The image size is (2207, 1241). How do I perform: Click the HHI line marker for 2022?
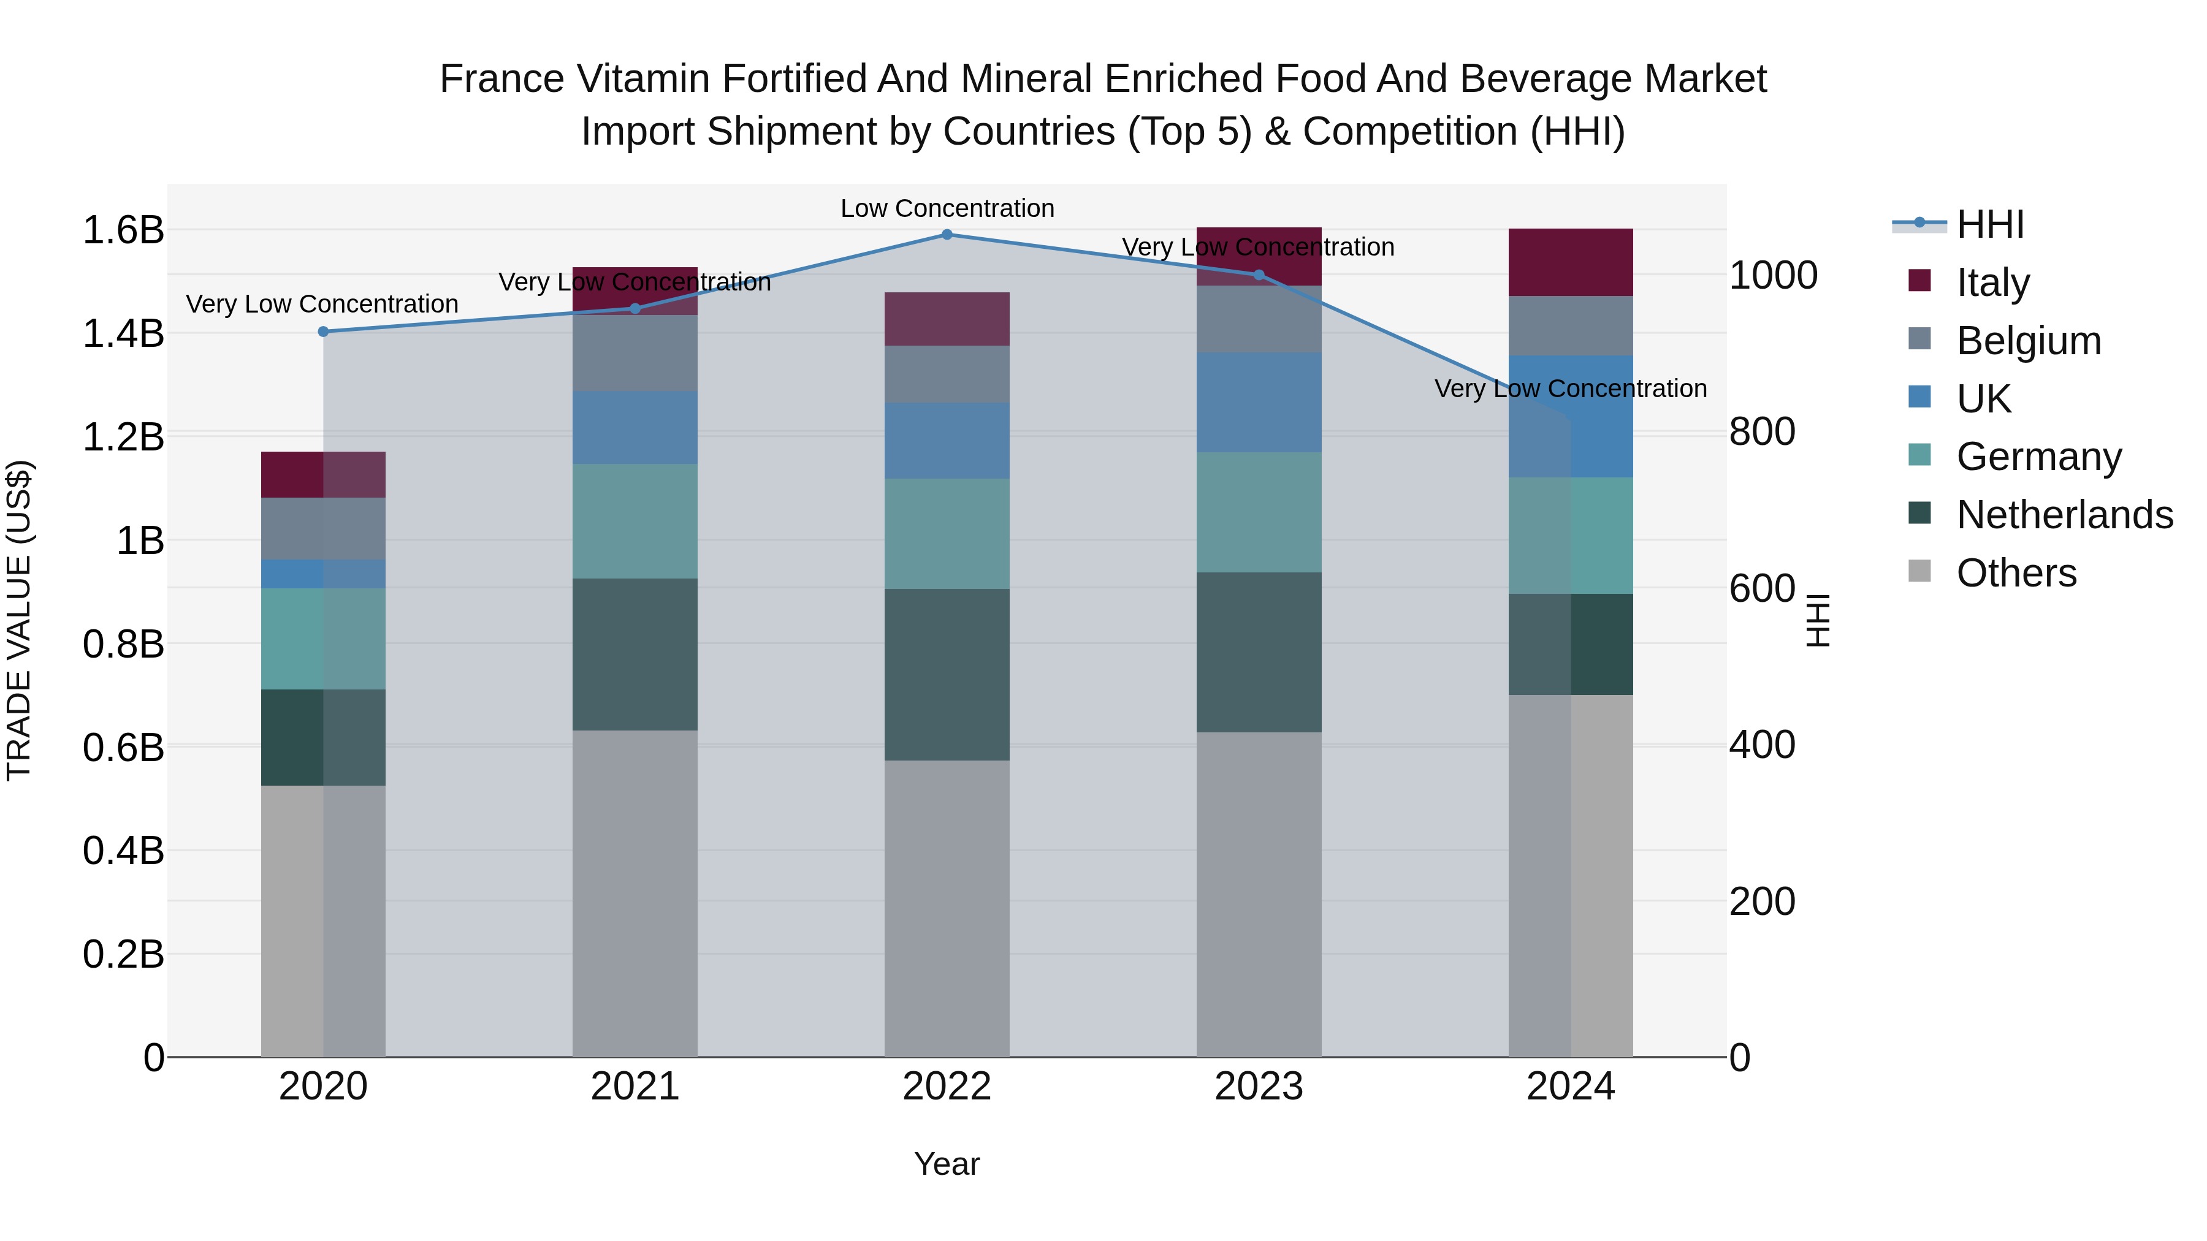pyautogui.click(x=947, y=235)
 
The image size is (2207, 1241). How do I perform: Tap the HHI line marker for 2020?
pyautogui.click(x=323, y=332)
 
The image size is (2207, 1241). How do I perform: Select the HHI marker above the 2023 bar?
pyautogui.click(x=1259, y=275)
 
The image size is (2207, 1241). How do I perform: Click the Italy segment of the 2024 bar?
pyautogui.click(x=1571, y=262)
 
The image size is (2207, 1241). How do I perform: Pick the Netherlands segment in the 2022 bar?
pyautogui.click(x=947, y=674)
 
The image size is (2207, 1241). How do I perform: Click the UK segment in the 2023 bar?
pyautogui.click(x=1259, y=403)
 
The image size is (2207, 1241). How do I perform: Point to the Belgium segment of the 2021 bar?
pyautogui.click(x=635, y=353)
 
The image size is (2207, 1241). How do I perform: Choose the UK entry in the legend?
pyautogui.click(x=1983, y=399)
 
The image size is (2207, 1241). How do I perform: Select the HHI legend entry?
pyautogui.click(x=1989, y=224)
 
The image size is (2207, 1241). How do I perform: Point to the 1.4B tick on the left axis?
pyautogui.click(x=123, y=333)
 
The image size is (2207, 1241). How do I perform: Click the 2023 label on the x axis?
pyautogui.click(x=1259, y=1087)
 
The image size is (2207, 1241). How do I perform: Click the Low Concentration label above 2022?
pyautogui.click(x=947, y=208)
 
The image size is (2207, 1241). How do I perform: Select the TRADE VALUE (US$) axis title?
pyautogui.click(x=19, y=620)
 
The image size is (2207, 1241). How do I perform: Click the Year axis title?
pyautogui.click(x=947, y=1164)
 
